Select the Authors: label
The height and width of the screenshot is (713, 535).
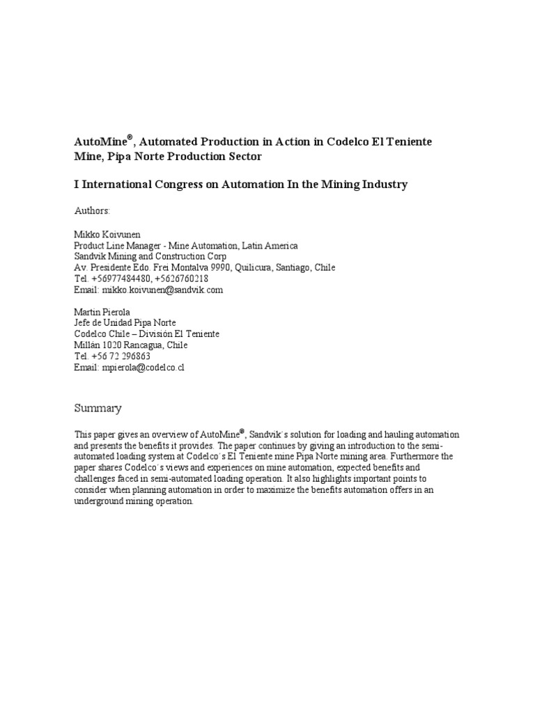coord(92,210)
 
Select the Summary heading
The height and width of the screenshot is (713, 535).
coord(98,408)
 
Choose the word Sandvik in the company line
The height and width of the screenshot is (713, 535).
coord(91,256)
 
